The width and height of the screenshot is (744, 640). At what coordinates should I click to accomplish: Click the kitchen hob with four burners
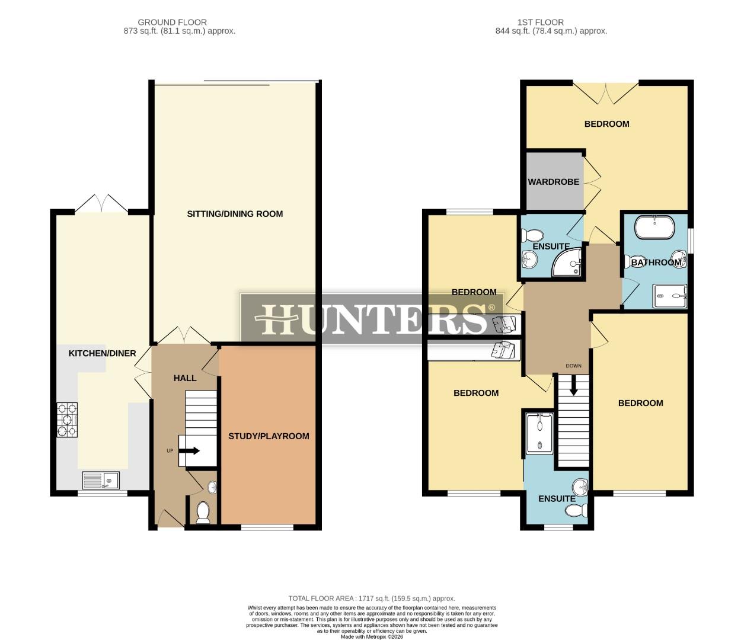67,420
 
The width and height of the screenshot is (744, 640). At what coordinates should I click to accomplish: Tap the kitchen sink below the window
101,479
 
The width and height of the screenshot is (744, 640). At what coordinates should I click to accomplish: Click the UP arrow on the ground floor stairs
189,451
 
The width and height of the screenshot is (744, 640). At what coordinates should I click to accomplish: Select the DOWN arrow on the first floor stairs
573,386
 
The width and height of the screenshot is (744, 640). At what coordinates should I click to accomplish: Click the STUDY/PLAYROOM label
269,436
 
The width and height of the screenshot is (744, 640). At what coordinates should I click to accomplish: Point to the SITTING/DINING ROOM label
235,214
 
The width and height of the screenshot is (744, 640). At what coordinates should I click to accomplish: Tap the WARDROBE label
554,182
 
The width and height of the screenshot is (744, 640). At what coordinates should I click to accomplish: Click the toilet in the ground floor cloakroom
203,513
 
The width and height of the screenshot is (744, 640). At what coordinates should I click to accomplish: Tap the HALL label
185,378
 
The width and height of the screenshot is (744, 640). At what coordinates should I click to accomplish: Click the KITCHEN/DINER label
103,353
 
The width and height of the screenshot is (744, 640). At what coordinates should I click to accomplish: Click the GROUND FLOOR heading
172,23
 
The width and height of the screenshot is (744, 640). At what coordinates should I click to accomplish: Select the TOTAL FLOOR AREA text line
372,599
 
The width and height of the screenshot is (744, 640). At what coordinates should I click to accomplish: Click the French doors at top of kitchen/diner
101,203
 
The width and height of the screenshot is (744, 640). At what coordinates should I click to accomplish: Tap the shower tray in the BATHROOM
670,297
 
